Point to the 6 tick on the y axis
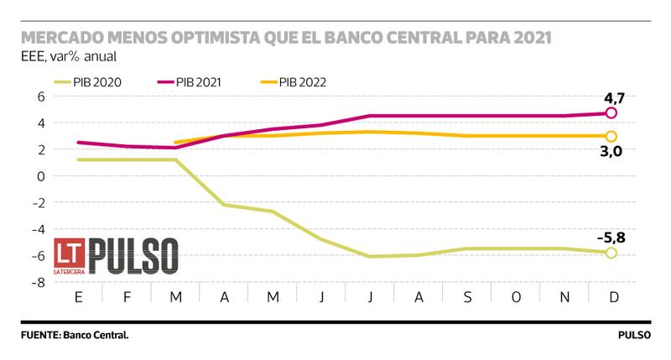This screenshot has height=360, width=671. pos(39,96)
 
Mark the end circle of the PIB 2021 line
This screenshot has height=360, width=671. pos(611,112)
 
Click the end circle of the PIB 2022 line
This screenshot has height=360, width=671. pos(611,136)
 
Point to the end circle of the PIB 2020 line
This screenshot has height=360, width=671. pos(611,253)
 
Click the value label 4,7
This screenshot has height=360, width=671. pos(614,98)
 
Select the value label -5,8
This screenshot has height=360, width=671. pos(611,237)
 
